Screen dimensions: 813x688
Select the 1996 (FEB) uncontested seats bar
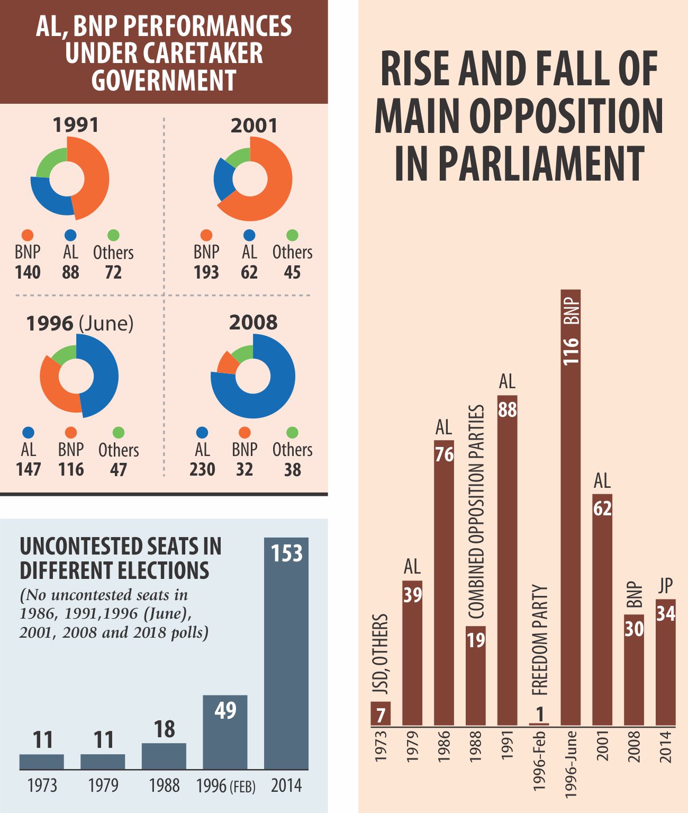coord(225,734)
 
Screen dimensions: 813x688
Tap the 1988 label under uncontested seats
coord(164,785)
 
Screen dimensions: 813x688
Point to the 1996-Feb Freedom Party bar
coord(539,723)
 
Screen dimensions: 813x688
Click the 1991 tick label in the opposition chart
coord(507,745)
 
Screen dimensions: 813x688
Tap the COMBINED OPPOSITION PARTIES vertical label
coord(476,512)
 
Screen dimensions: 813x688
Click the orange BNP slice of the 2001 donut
coord(275,185)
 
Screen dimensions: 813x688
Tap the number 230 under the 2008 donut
coord(202,470)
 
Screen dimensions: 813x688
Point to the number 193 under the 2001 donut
coord(206,272)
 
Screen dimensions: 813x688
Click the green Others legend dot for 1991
coord(113,235)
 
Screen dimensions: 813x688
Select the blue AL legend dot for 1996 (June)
coord(28,433)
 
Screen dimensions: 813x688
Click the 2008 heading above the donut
coord(253,323)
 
